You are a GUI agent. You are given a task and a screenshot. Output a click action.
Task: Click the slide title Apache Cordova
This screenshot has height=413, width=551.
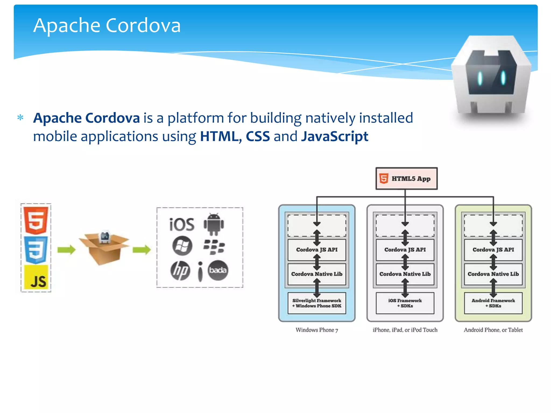(x=107, y=25)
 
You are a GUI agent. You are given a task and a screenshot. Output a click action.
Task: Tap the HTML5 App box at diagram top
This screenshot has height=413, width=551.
(x=406, y=179)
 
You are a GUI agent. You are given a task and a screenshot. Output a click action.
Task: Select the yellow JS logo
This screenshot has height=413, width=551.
(x=36, y=277)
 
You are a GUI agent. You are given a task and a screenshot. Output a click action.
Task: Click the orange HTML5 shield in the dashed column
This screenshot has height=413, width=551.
(x=36, y=220)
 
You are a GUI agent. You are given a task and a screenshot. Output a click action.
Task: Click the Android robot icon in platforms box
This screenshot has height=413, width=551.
(x=214, y=224)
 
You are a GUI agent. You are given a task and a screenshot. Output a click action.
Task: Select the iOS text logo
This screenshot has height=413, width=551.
(x=182, y=225)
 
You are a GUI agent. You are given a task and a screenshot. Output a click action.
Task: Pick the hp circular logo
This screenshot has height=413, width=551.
(x=180, y=270)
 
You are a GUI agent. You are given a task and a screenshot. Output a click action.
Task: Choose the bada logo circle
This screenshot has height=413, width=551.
(x=218, y=270)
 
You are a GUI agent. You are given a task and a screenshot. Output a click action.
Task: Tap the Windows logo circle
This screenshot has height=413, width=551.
(x=182, y=246)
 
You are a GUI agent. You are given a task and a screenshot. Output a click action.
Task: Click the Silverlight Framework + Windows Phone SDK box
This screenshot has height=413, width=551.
(x=317, y=303)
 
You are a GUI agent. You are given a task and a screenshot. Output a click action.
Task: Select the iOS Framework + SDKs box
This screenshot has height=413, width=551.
(x=405, y=303)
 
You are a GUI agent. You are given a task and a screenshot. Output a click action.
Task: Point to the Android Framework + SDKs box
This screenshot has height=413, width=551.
(x=493, y=303)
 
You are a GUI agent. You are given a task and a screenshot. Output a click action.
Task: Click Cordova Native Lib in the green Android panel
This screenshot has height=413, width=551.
(x=493, y=274)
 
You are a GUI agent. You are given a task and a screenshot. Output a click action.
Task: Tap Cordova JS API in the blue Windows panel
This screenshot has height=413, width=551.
(x=317, y=250)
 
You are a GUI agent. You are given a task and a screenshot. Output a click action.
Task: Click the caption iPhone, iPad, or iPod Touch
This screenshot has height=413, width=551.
(x=405, y=330)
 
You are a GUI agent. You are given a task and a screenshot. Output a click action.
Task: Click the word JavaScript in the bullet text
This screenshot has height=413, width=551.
(x=334, y=136)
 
